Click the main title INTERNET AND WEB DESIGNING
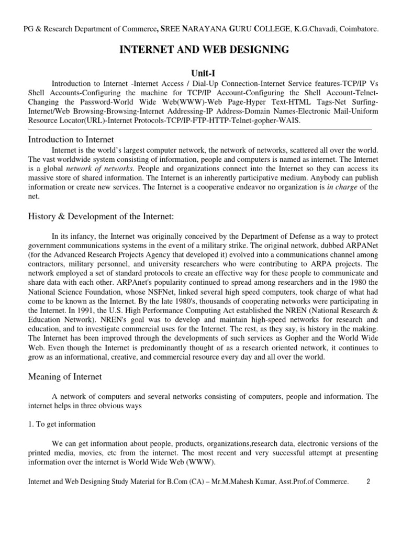coord(205,50)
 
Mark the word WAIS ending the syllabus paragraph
coord(291,120)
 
